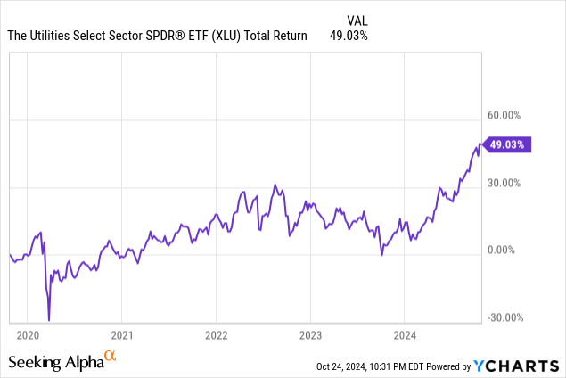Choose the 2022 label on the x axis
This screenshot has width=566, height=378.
tap(216, 334)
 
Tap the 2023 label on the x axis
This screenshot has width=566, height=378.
tap(309, 334)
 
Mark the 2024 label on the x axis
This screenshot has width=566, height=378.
tap(404, 334)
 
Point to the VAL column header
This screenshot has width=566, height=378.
tap(357, 19)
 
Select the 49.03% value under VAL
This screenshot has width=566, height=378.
tap(350, 36)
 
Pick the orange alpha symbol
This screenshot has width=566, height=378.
tap(111, 357)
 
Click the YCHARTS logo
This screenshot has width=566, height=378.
tap(516, 366)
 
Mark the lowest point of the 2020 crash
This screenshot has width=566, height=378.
tap(49, 320)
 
